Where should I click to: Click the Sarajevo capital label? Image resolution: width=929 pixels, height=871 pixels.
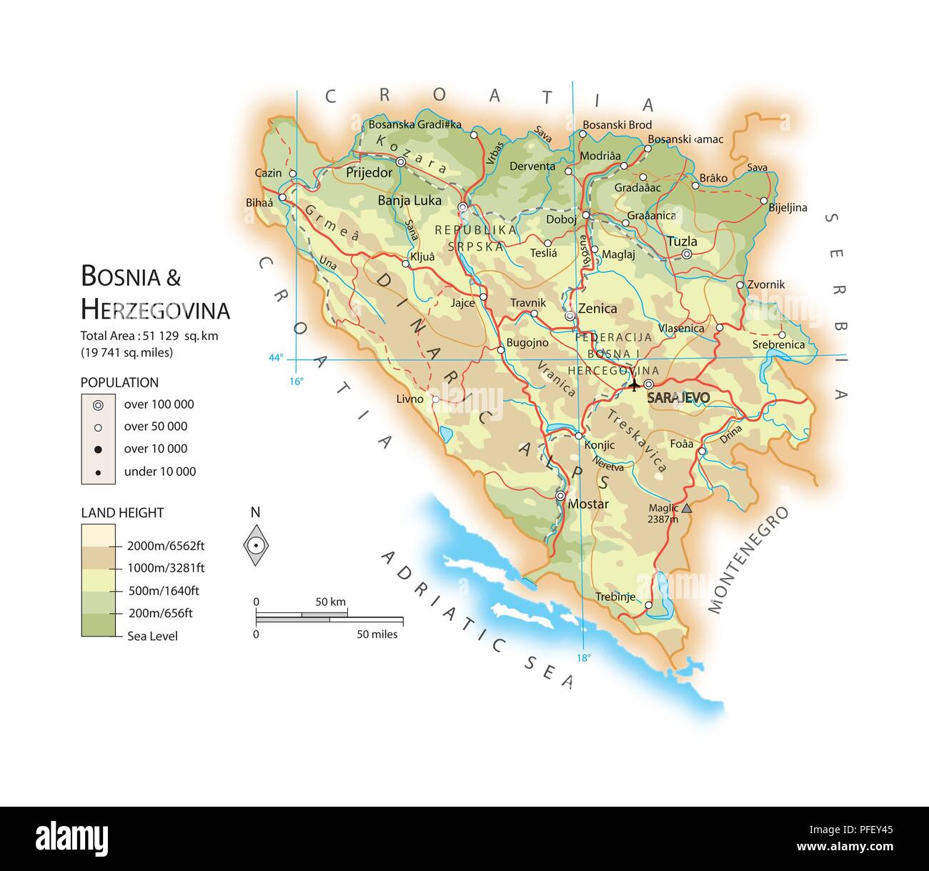[x=678, y=398]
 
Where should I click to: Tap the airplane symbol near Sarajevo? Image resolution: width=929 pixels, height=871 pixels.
[x=635, y=385]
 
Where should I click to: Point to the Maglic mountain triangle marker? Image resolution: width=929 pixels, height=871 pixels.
[x=687, y=508]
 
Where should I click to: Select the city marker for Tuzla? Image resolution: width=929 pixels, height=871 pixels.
[x=687, y=254]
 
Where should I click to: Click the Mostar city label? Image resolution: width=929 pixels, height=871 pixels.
[x=588, y=504]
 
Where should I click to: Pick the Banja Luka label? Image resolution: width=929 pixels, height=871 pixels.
[x=409, y=201]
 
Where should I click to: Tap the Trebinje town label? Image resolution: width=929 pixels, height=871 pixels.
[x=615, y=597]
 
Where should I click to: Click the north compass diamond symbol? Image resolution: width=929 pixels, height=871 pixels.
[x=256, y=545]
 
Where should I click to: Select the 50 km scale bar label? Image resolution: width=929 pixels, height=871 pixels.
[x=330, y=602]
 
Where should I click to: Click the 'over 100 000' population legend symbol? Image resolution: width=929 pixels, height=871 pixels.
[x=98, y=405]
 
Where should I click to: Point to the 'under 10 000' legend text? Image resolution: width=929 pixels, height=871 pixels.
[x=160, y=472]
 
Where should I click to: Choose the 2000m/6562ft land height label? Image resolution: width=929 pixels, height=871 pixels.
[x=166, y=546]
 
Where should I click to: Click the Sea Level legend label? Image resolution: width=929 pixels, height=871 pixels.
[x=152, y=636]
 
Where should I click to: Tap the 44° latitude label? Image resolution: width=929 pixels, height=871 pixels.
[x=276, y=358]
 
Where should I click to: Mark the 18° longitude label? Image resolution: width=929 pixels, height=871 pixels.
[x=584, y=658]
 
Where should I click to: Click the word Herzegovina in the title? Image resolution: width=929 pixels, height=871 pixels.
[x=155, y=310]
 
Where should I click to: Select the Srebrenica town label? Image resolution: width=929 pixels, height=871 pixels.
[x=778, y=344]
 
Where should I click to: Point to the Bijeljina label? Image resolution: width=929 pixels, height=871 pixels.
[x=788, y=208]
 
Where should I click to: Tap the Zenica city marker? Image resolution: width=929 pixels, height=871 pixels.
[x=570, y=315]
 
